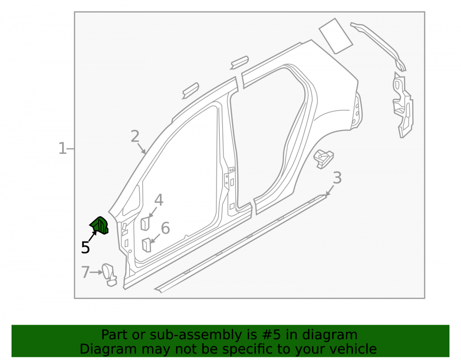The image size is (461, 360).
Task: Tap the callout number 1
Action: pos(62,148)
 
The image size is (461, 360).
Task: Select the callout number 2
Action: pos(135,136)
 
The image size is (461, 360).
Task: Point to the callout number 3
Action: pos(337,178)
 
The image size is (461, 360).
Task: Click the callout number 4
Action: pos(159,200)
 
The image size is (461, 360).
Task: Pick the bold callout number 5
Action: pos(85,248)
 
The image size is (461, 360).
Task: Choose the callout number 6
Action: pos(165,228)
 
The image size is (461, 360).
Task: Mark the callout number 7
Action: pos(85,272)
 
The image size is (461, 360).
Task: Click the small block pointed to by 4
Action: pos(145,224)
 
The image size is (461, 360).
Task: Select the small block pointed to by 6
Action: pos(147,245)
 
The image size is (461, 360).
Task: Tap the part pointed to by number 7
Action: pos(109,275)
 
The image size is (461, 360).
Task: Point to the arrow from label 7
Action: pos(96,272)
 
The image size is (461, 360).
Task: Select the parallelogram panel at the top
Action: pos(336,36)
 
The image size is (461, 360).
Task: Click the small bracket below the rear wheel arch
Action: pos(324,159)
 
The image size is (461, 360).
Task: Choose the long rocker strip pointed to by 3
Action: pos(241,243)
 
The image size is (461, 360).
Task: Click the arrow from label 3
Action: pos(330,190)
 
